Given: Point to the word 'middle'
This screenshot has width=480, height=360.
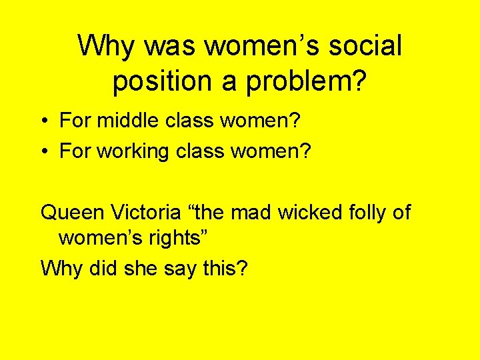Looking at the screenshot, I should [127, 121].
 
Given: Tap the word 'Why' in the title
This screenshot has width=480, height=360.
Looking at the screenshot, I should [107, 47].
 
